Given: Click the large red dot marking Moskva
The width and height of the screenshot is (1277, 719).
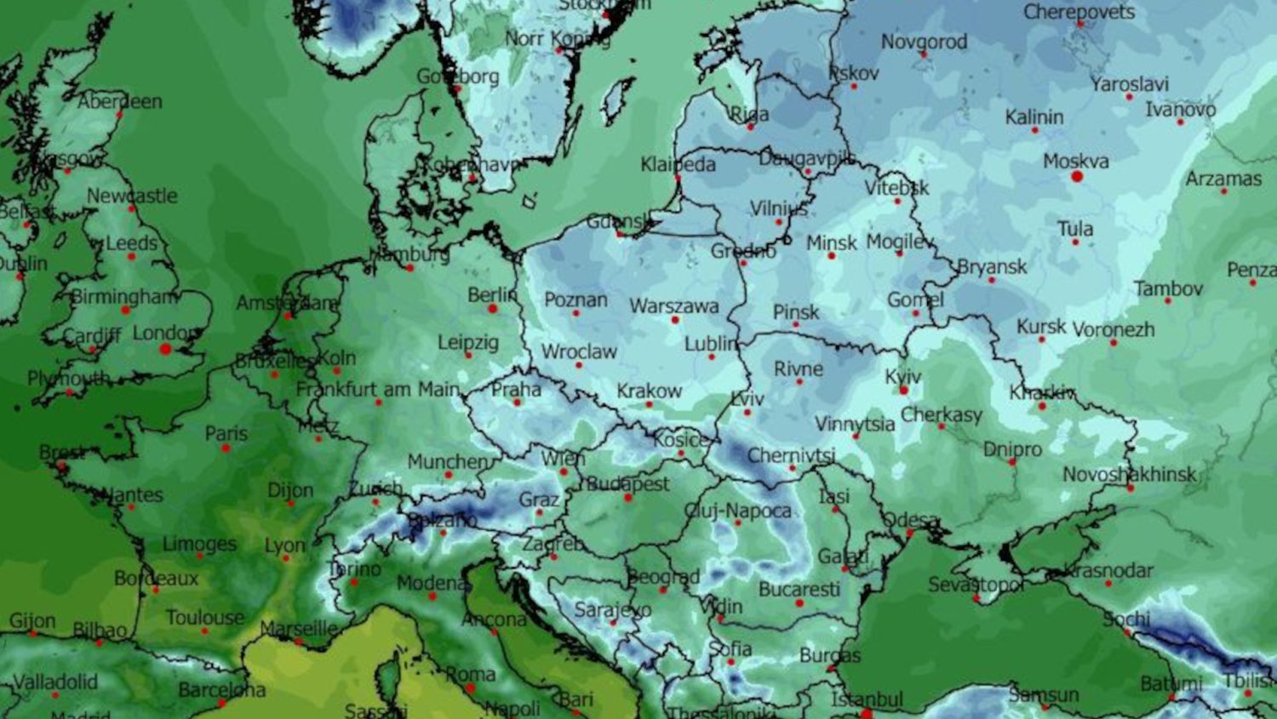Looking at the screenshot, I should [x=1077, y=177].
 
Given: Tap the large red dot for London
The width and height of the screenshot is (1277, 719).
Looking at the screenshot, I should [x=166, y=349].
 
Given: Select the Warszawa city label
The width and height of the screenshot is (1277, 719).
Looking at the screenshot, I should [x=673, y=305].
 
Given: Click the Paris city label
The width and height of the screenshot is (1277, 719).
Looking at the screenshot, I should [x=226, y=433].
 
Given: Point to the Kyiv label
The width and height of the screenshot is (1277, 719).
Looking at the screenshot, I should [x=902, y=376].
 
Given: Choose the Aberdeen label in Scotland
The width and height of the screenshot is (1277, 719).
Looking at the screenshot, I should [x=120, y=101].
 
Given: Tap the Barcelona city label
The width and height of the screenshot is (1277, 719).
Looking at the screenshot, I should [x=221, y=689].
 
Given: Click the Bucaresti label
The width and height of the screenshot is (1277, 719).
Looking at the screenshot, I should [x=799, y=589].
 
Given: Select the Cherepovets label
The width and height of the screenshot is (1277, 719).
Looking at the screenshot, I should [x=1079, y=12].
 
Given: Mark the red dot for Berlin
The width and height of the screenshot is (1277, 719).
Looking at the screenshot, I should [x=492, y=308].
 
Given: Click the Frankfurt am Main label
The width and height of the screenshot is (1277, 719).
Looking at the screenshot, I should [x=378, y=389].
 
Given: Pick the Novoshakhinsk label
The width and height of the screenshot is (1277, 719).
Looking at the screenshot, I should [x=1129, y=474].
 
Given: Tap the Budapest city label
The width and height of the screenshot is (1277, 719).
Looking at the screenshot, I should [x=627, y=483].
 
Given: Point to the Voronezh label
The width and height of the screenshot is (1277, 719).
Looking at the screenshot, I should [x=1113, y=328].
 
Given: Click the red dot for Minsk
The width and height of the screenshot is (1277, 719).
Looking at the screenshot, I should [x=832, y=255].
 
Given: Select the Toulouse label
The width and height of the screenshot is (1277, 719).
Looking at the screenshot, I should [x=204, y=617].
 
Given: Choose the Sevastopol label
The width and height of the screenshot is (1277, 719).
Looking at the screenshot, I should [x=976, y=585].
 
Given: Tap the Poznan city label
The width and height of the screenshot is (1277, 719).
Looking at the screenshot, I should [x=576, y=300].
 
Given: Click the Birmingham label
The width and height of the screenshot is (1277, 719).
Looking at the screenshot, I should [x=124, y=297].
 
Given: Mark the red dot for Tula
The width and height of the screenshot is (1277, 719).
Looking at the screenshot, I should [x=1075, y=243].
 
